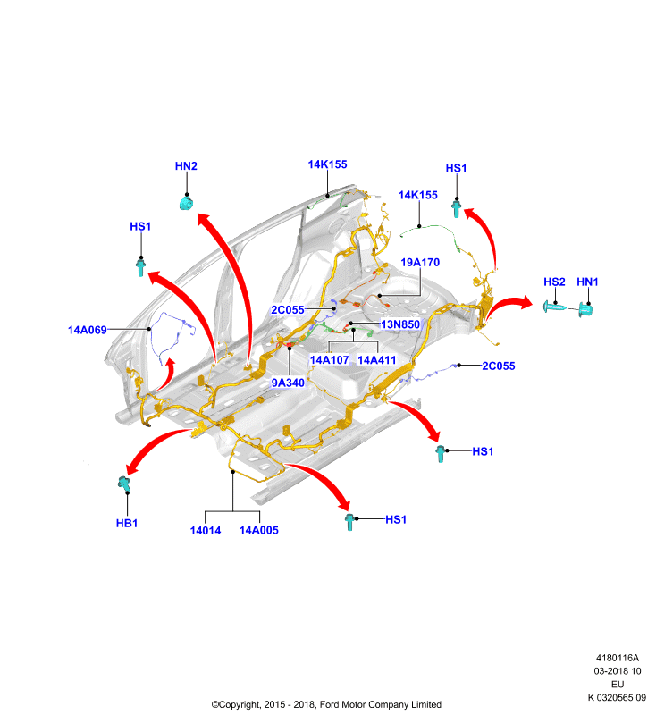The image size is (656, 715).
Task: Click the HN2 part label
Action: point(186,166)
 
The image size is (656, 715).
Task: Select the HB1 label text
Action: point(127,523)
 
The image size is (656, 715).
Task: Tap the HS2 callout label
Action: point(554,282)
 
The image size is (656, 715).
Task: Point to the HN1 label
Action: point(587,282)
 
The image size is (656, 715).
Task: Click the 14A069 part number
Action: point(87,330)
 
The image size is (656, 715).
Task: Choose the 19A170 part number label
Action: point(420,262)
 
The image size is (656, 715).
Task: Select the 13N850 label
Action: point(400,324)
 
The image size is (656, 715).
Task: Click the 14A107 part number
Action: point(329,360)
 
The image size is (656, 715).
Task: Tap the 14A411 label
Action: point(377,360)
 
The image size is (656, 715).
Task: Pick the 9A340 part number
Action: point(288,383)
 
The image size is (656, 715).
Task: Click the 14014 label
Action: point(206,530)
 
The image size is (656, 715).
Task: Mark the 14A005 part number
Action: point(259,530)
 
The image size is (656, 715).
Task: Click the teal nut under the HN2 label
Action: point(186,202)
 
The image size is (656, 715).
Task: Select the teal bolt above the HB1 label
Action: point(124,484)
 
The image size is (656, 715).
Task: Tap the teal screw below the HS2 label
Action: point(554,307)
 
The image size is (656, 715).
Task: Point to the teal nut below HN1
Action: point(585,310)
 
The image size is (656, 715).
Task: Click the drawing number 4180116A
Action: point(618,658)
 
